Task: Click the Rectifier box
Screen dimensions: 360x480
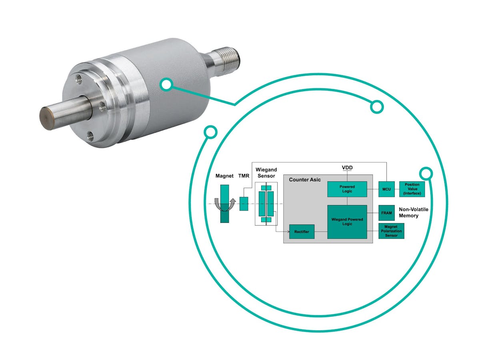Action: point(302,232)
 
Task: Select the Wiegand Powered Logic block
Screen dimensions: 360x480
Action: point(347,222)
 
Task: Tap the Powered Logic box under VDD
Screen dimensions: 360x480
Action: point(347,189)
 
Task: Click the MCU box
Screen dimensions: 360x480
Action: point(386,189)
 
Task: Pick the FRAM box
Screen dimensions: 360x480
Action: point(386,213)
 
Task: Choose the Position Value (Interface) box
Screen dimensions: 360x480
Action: point(412,189)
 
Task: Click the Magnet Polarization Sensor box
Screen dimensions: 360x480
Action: point(391,231)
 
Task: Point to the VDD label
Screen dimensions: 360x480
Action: point(347,167)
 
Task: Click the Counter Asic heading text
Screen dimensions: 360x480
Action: point(305,180)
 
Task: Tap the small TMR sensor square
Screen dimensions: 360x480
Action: point(244,204)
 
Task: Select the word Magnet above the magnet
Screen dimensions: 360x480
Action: point(224,176)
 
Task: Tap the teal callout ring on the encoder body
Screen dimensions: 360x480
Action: point(166,84)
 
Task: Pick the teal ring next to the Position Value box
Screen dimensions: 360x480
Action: point(426,173)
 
